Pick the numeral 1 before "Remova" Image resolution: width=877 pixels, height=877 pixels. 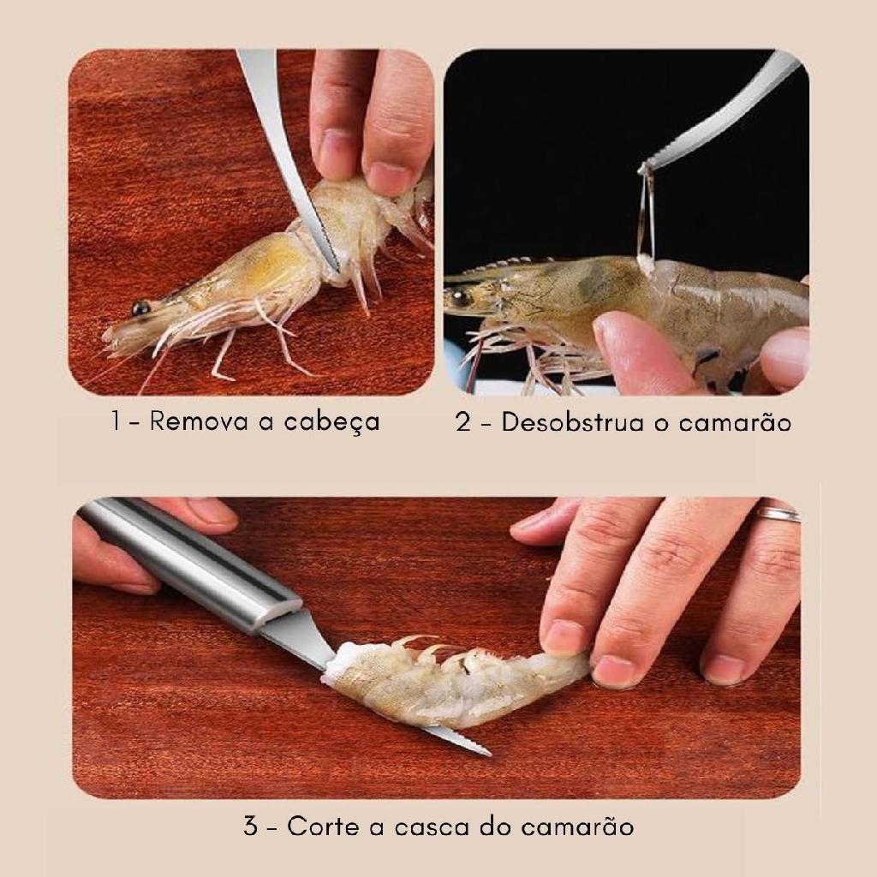pyautogui.click(x=116, y=421)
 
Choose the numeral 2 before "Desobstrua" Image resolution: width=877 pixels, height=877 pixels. pyautogui.click(x=463, y=421)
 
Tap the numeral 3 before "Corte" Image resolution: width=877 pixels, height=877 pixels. pyautogui.click(x=251, y=826)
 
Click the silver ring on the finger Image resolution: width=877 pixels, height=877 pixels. pyautogui.click(x=778, y=514)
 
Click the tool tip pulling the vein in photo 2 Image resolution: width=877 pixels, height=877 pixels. pyautogui.click(x=644, y=168)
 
